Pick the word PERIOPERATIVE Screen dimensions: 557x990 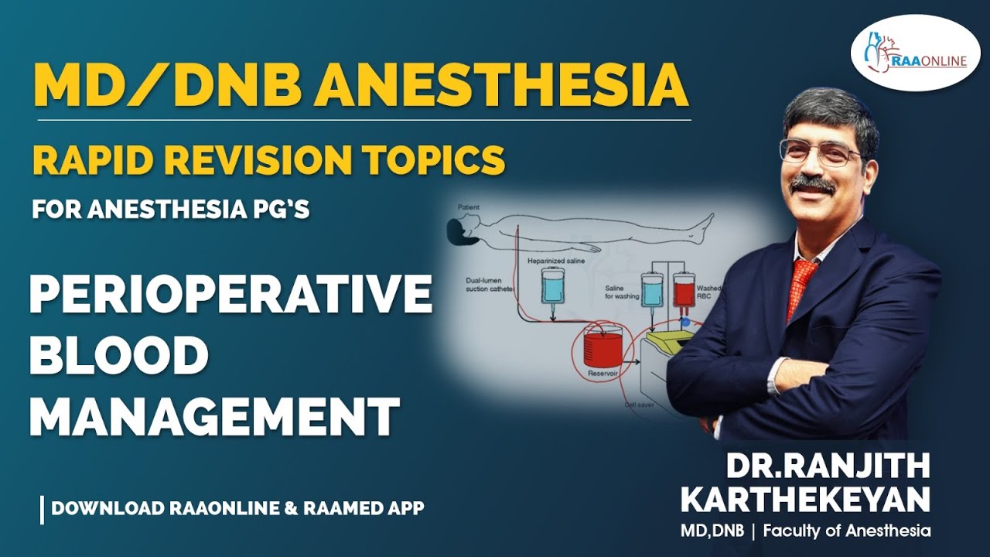pyautogui.click(x=230, y=296)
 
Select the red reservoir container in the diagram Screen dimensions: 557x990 pyautogui.click(x=602, y=347)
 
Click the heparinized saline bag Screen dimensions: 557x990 pyautogui.click(x=554, y=285)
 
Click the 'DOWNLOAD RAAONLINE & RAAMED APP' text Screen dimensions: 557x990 pyautogui.click(x=237, y=508)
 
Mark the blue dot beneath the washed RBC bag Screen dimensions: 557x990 pyautogui.click(x=684, y=321)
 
